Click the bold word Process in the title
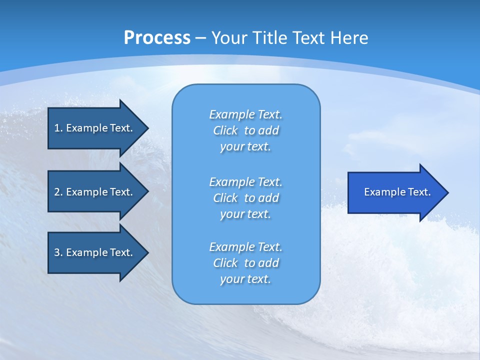[x=157, y=37]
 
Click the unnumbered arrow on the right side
[x=395, y=192]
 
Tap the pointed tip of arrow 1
[x=147, y=128]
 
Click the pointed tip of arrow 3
[x=147, y=252]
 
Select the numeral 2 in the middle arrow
[x=57, y=192]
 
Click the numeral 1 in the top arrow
[x=57, y=128]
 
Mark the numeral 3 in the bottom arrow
[x=57, y=252]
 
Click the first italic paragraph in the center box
[x=245, y=130]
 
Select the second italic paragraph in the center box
[x=245, y=197]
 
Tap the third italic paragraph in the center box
[x=245, y=263]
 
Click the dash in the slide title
[x=201, y=38]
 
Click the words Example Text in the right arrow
[x=397, y=192]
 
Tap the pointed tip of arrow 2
[x=147, y=192]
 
